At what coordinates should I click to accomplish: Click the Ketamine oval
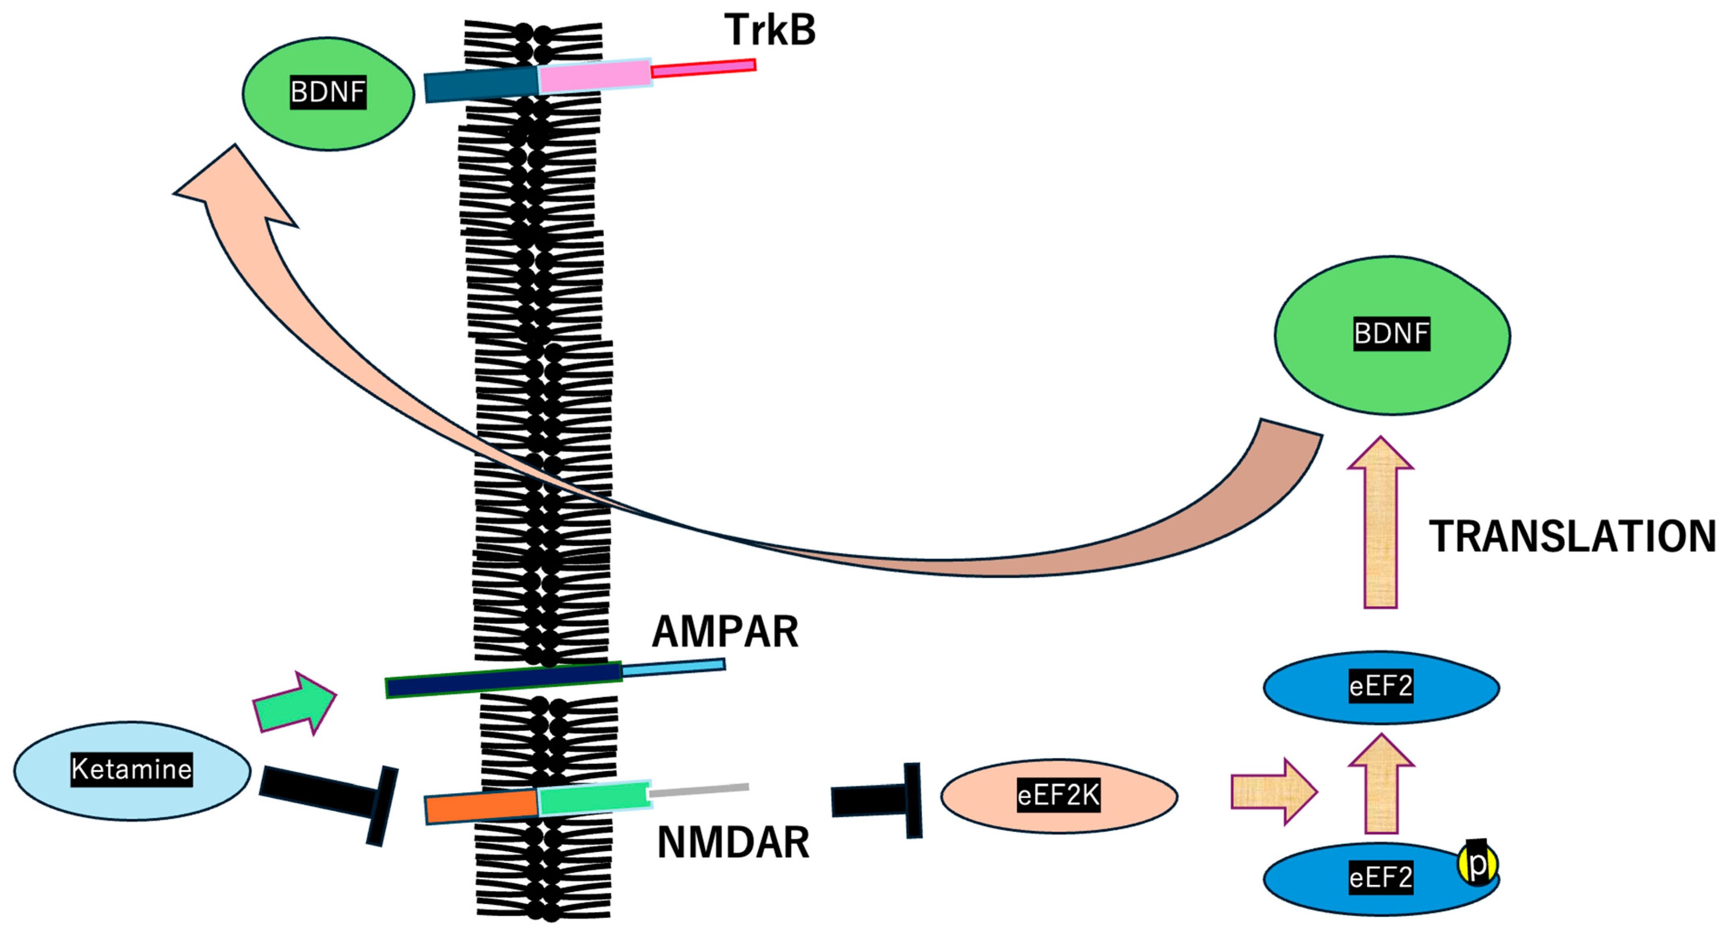pyautogui.click(x=132, y=770)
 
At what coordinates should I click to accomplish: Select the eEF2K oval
pyautogui.click(x=1059, y=796)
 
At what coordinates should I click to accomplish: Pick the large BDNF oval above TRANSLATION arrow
pyautogui.click(x=1392, y=334)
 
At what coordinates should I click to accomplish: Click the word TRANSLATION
pyautogui.click(x=1572, y=537)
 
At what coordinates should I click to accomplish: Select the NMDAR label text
pyautogui.click(x=733, y=843)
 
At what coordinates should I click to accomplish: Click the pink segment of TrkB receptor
pyautogui.click(x=595, y=76)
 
